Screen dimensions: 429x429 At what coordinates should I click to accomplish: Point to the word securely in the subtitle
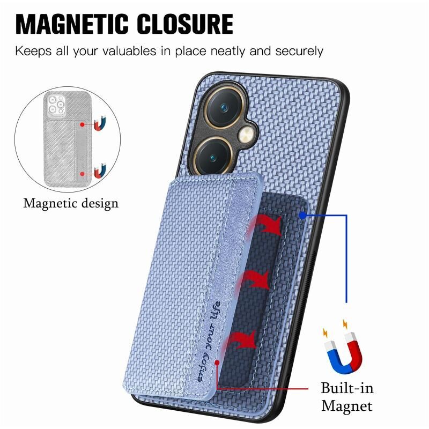pos(299,51)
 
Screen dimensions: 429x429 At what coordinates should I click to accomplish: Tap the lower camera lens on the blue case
pos(212,156)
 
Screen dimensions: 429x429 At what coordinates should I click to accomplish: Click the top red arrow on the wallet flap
pos(265,225)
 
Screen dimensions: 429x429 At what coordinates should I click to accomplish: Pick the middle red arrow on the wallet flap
pos(253,280)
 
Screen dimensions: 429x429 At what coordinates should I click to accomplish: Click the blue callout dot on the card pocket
pos(302,216)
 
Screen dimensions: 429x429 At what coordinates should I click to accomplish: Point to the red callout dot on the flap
pos(217,363)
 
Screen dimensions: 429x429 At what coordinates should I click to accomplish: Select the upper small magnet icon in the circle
pos(100,123)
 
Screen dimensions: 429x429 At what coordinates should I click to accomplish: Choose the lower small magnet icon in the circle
pos(100,171)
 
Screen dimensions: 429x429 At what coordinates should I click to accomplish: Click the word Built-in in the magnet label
pos(347,388)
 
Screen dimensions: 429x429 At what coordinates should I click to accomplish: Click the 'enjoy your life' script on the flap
pos(209,342)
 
